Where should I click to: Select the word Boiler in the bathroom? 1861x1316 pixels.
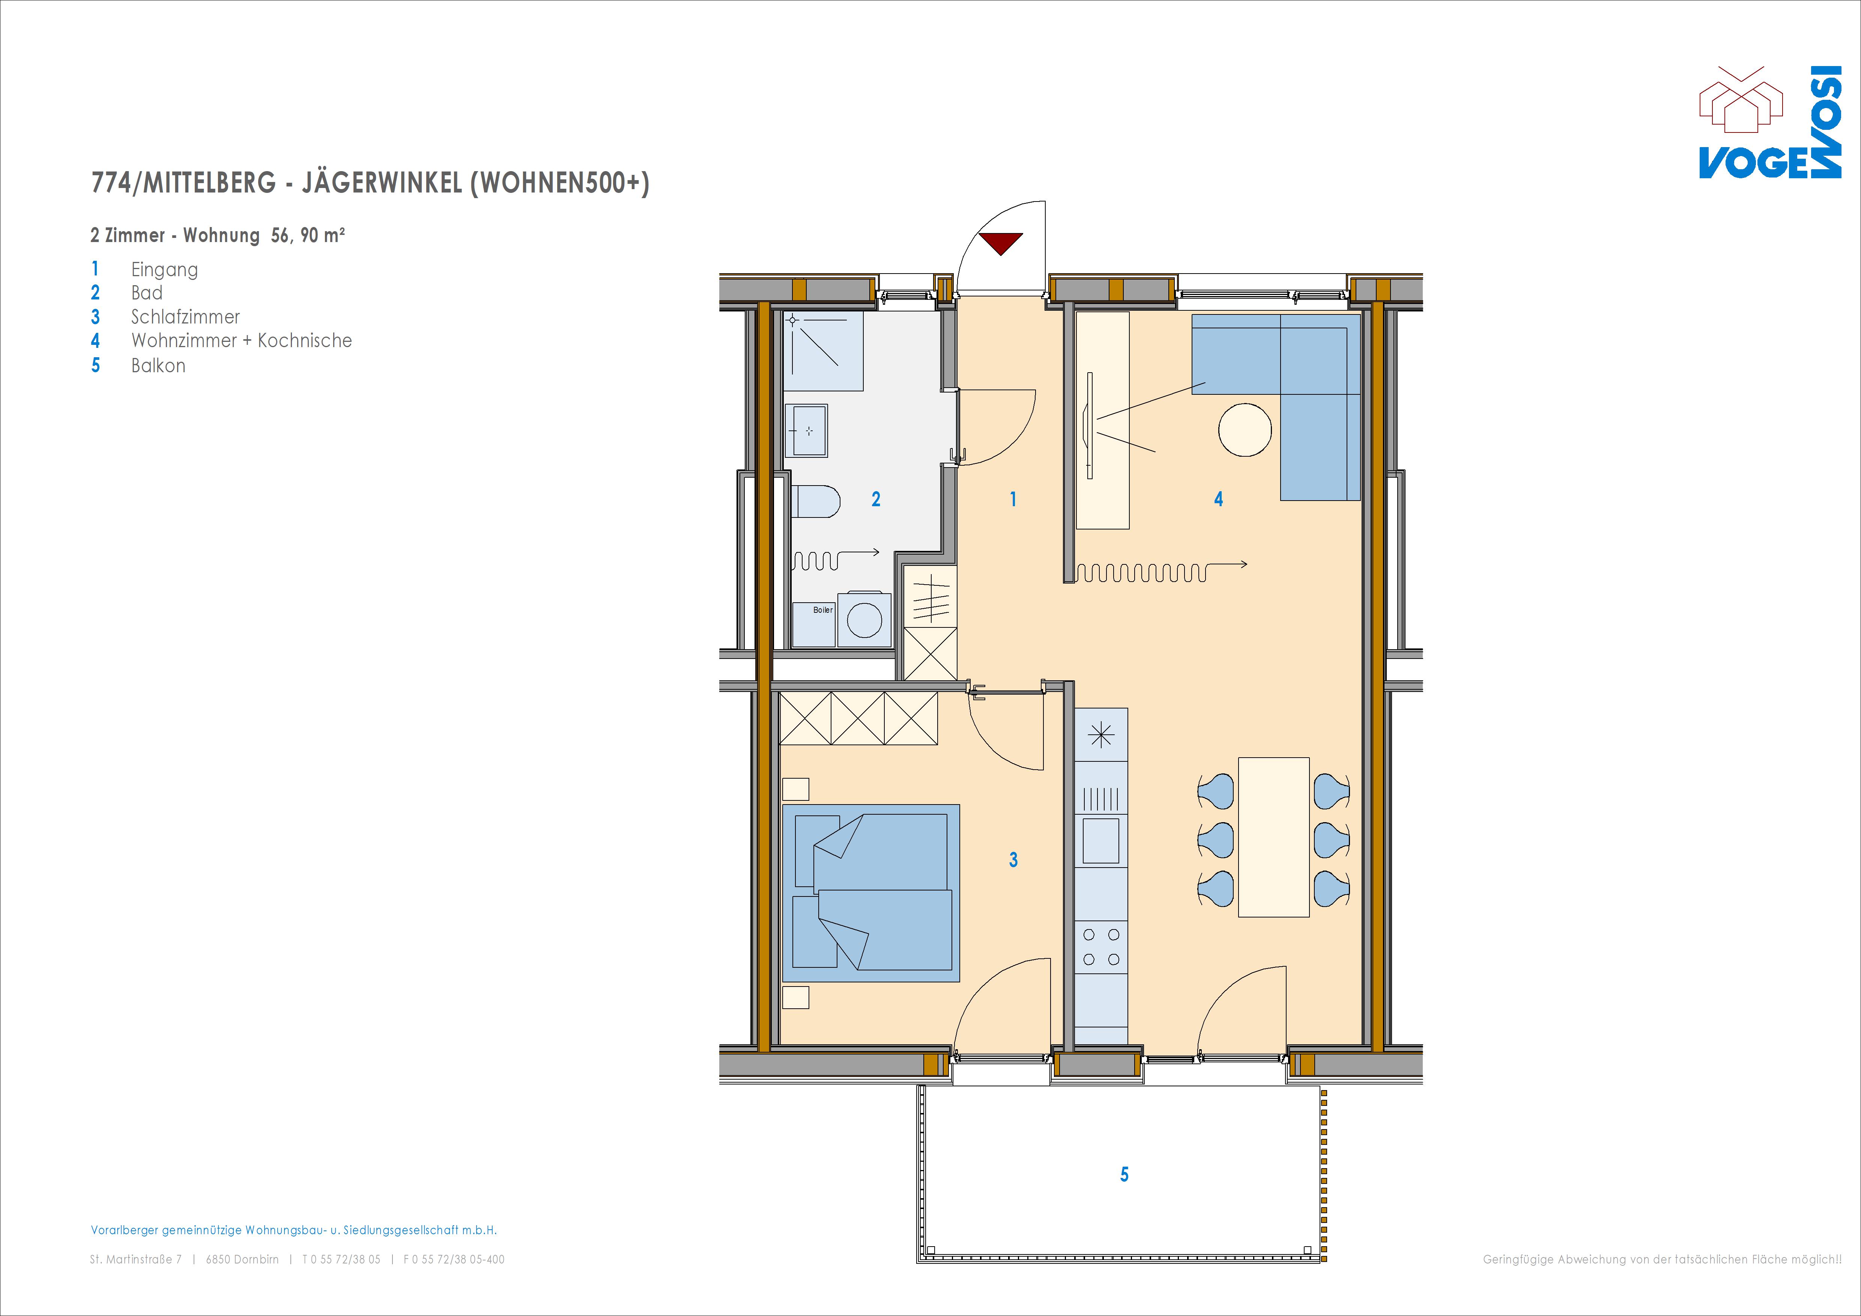[x=823, y=610]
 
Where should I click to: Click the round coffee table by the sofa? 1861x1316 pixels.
[x=1245, y=430]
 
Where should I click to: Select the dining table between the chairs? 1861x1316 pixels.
[x=1273, y=837]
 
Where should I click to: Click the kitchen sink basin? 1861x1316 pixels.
[x=1101, y=840]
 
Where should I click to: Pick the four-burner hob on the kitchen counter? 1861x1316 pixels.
[x=1101, y=947]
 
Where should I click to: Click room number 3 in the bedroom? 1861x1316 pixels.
[x=1013, y=859]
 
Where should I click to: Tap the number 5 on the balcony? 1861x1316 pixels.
[x=1124, y=1174]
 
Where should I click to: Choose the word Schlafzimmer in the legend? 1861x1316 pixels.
[x=186, y=317]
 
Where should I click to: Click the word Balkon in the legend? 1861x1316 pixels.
[x=158, y=366]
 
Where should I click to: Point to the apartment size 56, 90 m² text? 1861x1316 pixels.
[x=308, y=235]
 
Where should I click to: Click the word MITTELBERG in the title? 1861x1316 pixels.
[x=210, y=183]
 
